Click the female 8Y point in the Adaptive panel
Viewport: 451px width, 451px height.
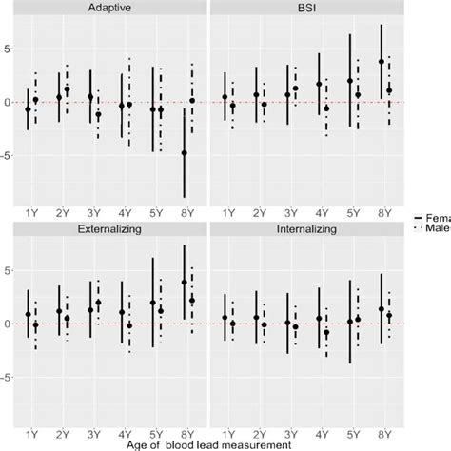184,152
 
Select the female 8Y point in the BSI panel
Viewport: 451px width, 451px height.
381,62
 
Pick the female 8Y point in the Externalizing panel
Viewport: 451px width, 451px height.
184,283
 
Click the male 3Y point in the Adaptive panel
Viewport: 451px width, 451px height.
98,115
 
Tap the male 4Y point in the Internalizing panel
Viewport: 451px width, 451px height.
326,332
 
